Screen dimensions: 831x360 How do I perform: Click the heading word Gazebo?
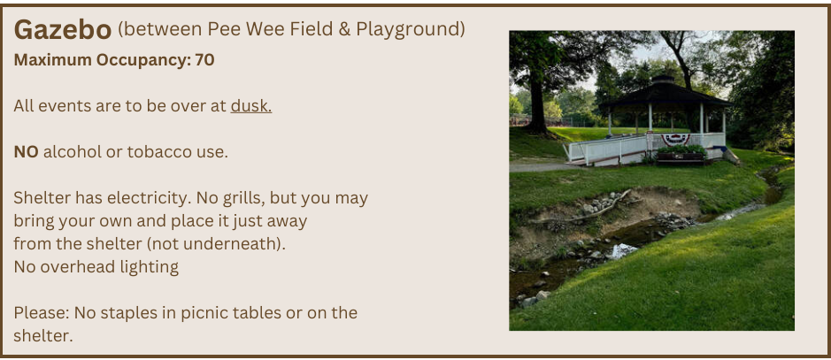tap(63, 30)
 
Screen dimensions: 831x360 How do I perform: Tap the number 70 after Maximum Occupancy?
tap(204, 60)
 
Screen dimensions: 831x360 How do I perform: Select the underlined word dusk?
tap(251, 106)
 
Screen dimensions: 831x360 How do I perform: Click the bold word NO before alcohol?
tap(26, 152)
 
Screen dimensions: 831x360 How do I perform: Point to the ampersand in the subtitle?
tap(344, 30)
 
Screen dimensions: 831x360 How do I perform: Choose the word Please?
tap(42, 313)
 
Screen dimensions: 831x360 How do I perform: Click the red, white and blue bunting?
tap(675, 139)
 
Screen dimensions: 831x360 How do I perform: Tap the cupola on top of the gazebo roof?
tap(663, 81)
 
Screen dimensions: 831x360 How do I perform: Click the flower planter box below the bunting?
tap(681, 155)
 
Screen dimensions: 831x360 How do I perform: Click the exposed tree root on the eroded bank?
tap(583, 211)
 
